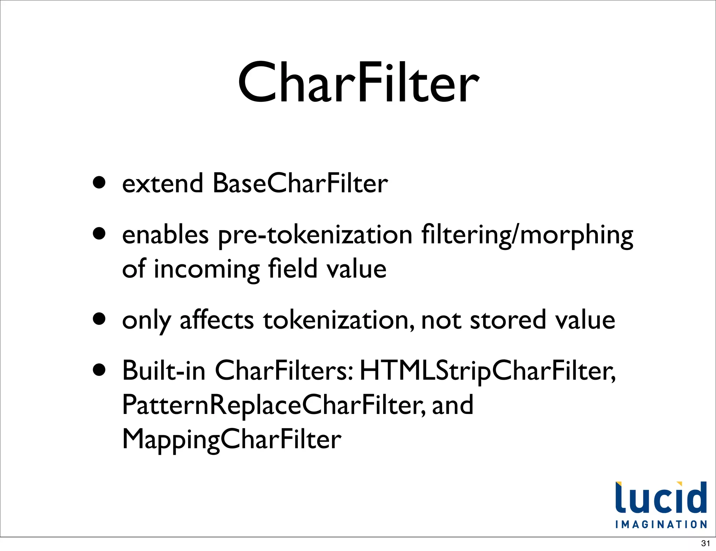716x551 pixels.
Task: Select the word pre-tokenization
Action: pyautogui.click(x=315, y=235)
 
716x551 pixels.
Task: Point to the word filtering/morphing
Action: pyautogui.click(x=527, y=235)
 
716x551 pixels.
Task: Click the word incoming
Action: pyautogui.click(x=207, y=269)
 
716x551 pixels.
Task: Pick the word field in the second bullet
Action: pyautogui.click(x=292, y=269)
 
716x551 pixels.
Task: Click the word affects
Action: pyautogui.click(x=216, y=320)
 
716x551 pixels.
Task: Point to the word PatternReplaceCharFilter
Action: pyautogui.click(x=274, y=405)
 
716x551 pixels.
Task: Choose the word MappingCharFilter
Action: pyautogui.click(x=231, y=439)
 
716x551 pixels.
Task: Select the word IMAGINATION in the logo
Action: pyautogui.click(x=661, y=524)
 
